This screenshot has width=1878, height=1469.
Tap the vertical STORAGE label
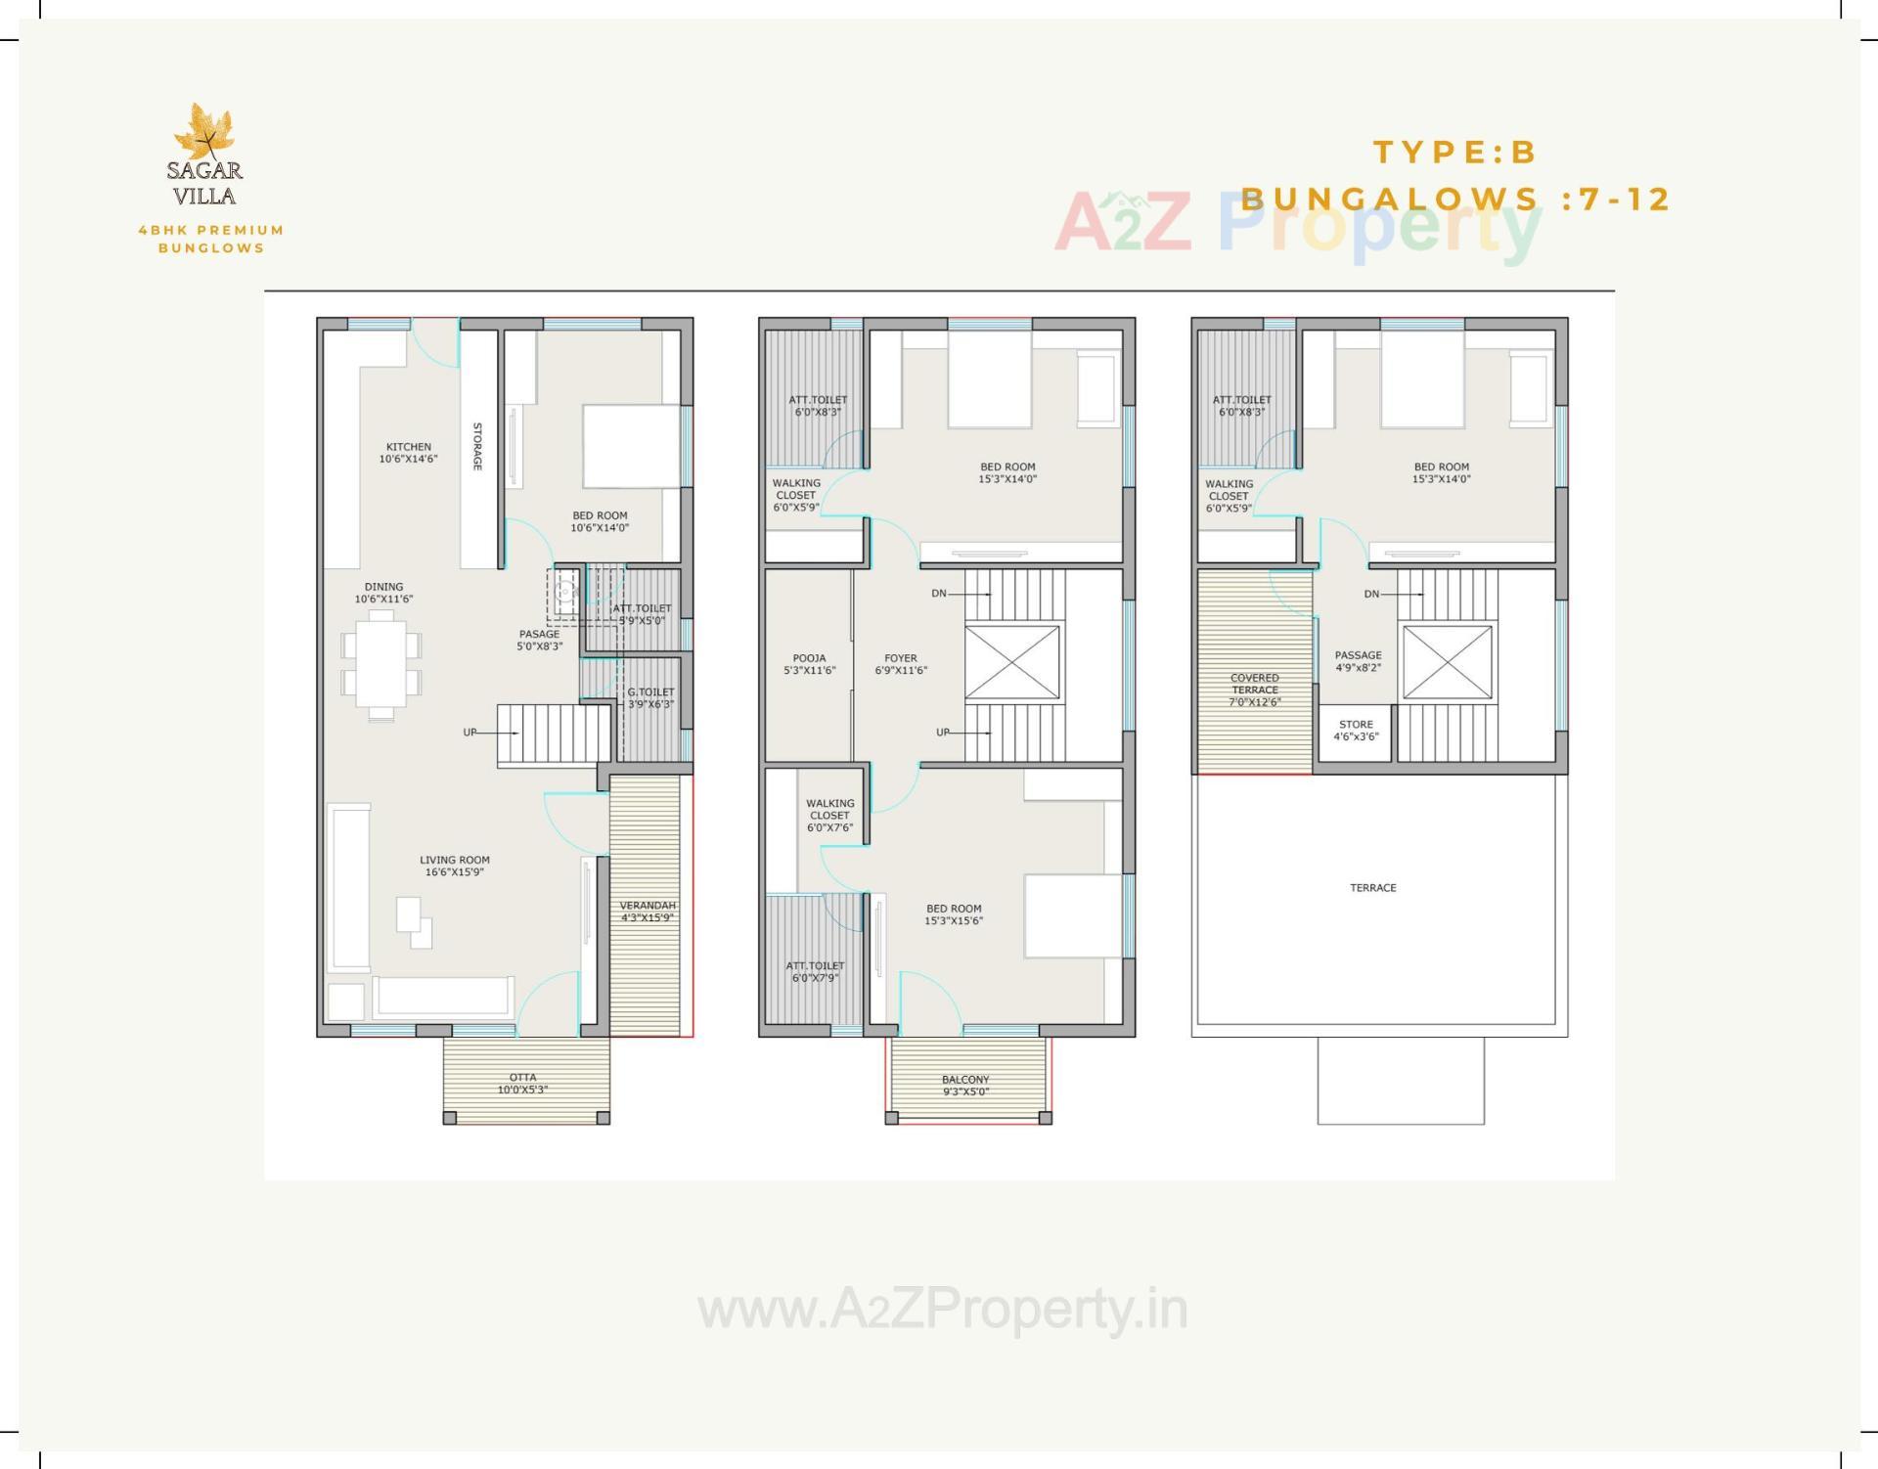478,446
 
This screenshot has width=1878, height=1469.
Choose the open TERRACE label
1373,888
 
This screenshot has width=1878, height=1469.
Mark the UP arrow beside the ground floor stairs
471,733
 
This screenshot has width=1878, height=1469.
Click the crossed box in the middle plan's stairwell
1012,662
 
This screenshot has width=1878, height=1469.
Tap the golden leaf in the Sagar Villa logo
205,131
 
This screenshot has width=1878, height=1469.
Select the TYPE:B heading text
1455,153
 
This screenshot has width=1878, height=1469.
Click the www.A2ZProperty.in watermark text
943,1309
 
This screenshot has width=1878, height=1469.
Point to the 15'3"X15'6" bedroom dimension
954,920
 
